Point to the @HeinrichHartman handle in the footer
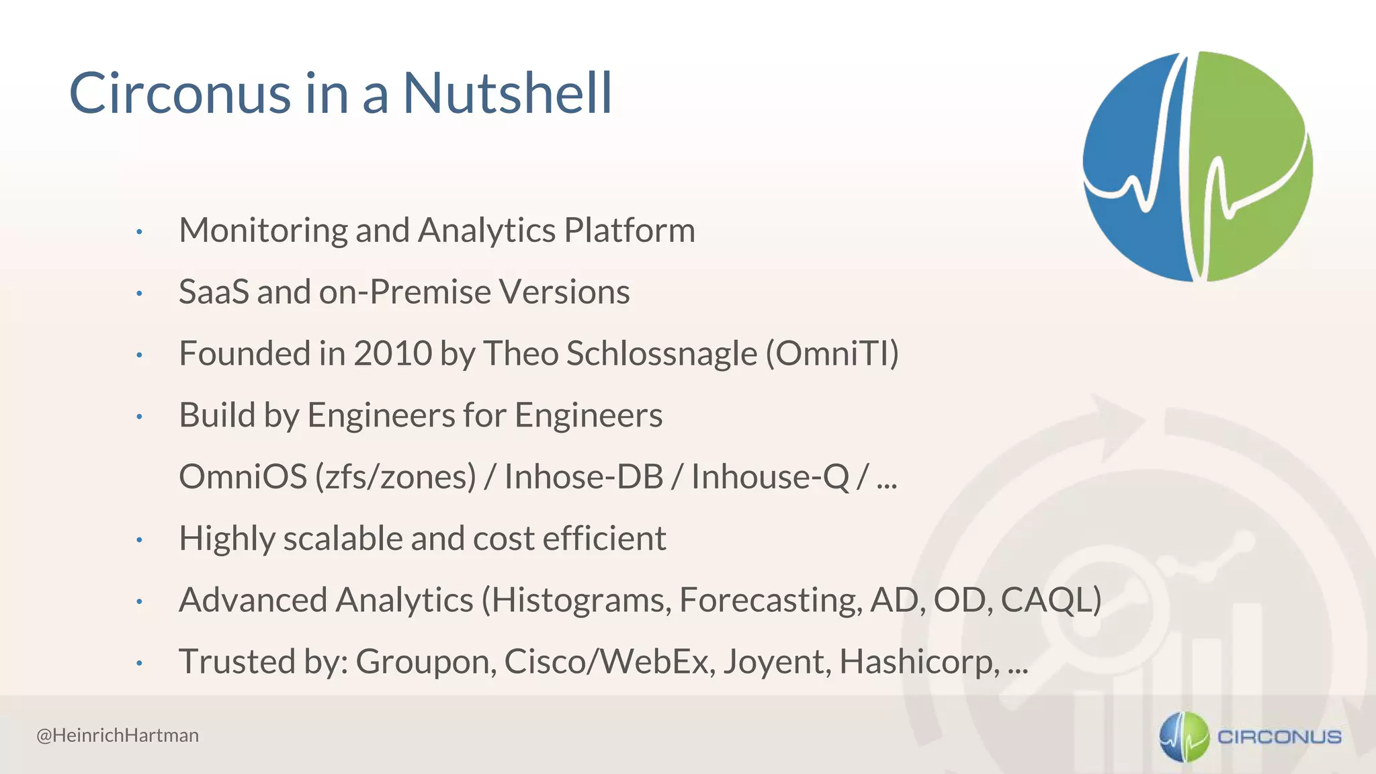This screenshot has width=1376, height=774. [118, 735]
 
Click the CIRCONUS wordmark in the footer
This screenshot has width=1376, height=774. [1279, 737]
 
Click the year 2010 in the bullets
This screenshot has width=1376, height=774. [392, 353]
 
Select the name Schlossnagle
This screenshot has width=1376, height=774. [661, 353]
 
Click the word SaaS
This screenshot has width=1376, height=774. [214, 292]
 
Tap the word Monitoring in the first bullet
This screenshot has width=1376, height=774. [263, 230]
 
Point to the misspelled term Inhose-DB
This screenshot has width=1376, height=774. [583, 476]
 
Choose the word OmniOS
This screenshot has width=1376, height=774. [243, 476]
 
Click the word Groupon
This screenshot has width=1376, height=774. [426, 662]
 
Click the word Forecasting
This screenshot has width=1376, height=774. [770, 600]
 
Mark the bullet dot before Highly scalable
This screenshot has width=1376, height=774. [139, 540]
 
